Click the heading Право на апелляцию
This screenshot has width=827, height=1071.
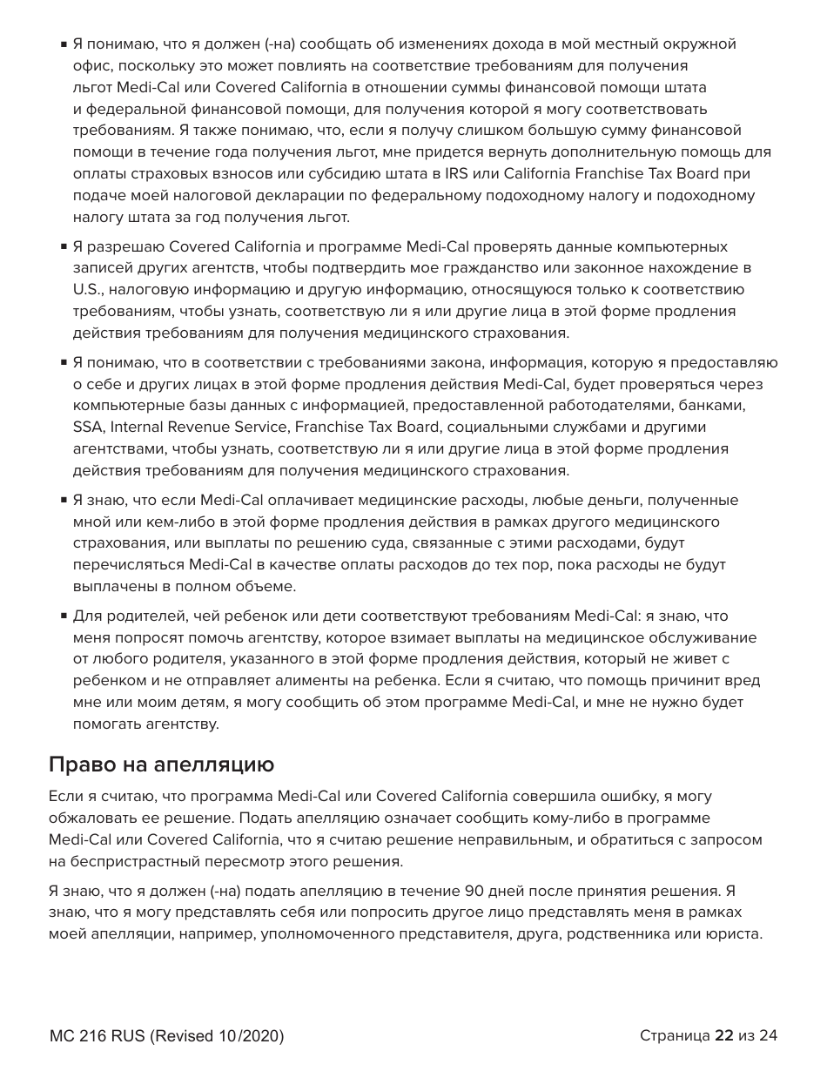click(161, 765)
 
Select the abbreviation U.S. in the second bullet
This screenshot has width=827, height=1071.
click(86, 290)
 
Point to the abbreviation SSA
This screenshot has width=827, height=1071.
click(88, 428)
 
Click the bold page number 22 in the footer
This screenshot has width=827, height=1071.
click(723, 1035)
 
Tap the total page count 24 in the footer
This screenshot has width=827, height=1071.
click(768, 1035)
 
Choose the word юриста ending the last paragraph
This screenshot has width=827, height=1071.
click(732, 934)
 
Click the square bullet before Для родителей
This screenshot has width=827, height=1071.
click(64, 616)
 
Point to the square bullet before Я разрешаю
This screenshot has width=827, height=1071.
click(64, 247)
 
